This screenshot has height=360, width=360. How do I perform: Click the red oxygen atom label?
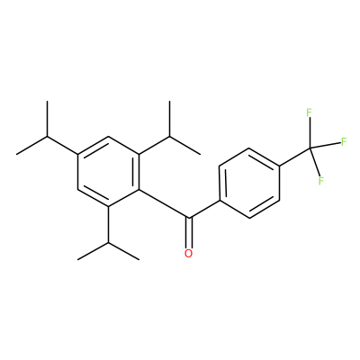coord(188,253)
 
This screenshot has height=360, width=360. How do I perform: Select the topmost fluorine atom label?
coord(309,112)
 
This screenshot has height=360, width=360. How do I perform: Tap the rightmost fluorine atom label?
coord(344,141)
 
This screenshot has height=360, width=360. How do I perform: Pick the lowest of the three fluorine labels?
coord(321,181)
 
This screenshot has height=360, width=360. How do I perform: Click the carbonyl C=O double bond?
coord(188,232)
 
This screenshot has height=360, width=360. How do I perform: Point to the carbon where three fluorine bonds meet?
coord(310,148)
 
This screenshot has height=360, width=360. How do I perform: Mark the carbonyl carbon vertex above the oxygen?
coord(188,217)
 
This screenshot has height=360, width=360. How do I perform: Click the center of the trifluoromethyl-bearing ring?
coord(249,183)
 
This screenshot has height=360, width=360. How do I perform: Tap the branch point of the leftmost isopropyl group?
coord(47,137)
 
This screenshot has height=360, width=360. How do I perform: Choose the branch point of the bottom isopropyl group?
coord(108,242)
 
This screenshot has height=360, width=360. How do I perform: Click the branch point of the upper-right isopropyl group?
coord(169,137)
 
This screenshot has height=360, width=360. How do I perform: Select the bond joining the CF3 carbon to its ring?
coord(295,157)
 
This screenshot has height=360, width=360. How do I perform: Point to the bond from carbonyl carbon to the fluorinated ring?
coord(204,209)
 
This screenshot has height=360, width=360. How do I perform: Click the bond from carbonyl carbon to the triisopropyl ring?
coord(164,203)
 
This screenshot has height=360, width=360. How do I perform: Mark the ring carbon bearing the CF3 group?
coord(280,166)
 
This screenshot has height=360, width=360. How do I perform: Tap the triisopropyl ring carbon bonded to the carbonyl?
coord(139,189)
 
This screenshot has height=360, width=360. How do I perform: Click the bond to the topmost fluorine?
coord(310,133)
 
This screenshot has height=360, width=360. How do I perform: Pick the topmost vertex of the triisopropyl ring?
coord(108,137)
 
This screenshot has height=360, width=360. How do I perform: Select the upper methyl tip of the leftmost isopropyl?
coord(47,102)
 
